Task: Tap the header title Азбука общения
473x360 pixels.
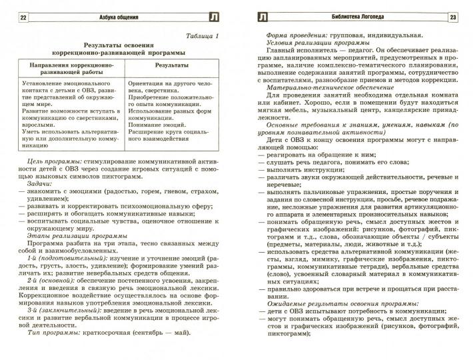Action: [x=117, y=17]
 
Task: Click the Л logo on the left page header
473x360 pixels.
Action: [x=212, y=17]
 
